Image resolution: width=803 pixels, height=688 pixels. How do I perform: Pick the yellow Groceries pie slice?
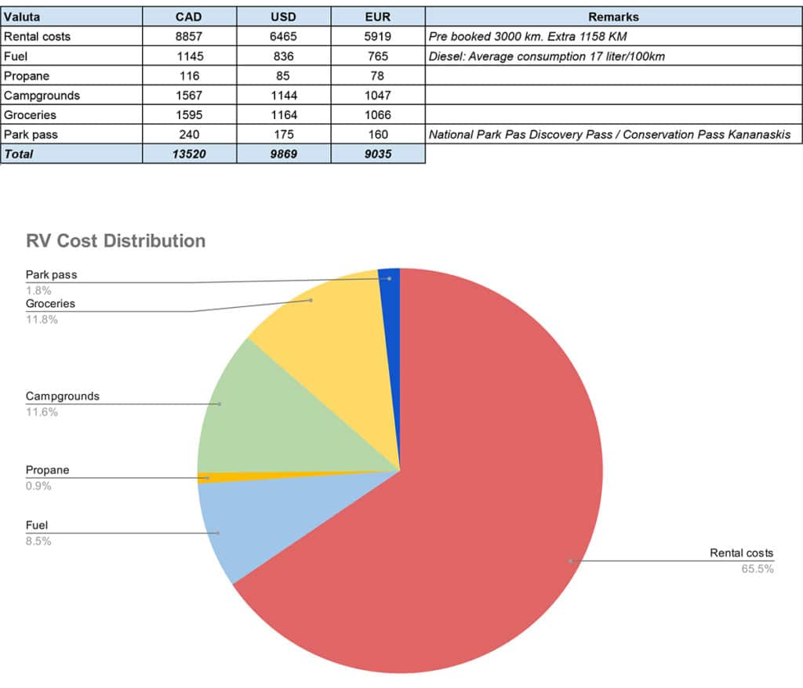point(329,329)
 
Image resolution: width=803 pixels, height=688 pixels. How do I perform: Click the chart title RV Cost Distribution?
point(115,241)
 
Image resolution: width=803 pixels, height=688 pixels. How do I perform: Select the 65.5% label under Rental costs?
point(758,569)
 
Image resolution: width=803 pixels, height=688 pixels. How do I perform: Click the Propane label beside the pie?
point(47,470)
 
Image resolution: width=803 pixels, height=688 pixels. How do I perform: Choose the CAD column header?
point(189,16)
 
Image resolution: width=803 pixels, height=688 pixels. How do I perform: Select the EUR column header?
point(378,16)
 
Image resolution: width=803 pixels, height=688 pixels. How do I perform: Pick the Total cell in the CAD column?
point(189,154)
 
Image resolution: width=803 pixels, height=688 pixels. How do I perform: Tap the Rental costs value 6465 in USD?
point(283,36)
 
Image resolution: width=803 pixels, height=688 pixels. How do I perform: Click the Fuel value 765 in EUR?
point(378,56)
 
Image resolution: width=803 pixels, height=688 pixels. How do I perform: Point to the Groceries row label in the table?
point(31,115)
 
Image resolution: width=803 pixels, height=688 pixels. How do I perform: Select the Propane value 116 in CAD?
point(189,76)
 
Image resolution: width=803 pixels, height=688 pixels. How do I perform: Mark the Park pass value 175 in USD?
point(283,135)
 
